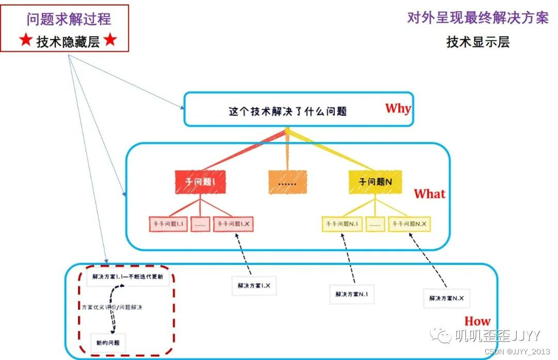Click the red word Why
pos(398,108)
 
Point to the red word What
pos(429,194)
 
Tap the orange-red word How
pos(477,321)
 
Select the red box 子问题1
pos(199,182)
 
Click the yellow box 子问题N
pos(375,182)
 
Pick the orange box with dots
pos(287,182)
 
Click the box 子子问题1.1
pos(169,224)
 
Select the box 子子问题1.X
pos(234,224)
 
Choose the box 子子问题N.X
pos(409,224)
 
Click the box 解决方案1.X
pos(254,285)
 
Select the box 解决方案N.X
pos(446,298)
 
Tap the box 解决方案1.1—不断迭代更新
pos(128,277)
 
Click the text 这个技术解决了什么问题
pos(287,111)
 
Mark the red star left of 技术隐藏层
pos(26,41)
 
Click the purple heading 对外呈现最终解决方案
pos(478,19)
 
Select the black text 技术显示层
pos(478,42)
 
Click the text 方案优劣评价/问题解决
pos(112,307)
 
